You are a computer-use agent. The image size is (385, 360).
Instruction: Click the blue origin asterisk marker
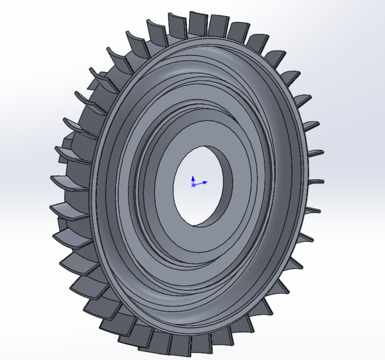[x=194, y=184]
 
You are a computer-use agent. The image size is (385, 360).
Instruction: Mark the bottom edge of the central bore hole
[x=194, y=225]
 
